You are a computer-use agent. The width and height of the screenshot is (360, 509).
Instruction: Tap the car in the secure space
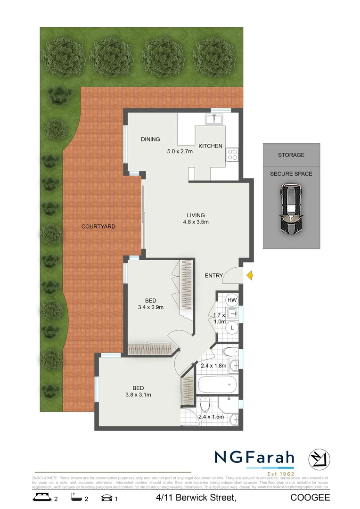tap(292, 209)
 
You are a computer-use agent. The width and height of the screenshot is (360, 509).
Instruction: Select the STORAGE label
tap(291, 155)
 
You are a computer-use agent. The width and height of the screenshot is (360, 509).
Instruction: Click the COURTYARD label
tap(98, 227)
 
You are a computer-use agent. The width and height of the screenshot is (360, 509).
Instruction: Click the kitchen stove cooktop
tap(232, 155)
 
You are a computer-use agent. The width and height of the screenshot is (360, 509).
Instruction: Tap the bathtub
tap(217, 385)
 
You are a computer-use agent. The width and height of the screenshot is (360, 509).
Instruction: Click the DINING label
tap(150, 139)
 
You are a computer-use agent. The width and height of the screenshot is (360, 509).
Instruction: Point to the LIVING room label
tap(196, 215)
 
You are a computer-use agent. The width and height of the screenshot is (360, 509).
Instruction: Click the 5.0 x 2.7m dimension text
tap(181, 152)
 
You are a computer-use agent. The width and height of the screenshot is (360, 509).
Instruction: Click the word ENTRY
tap(213, 276)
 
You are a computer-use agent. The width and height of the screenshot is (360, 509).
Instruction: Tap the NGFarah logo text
tap(254, 457)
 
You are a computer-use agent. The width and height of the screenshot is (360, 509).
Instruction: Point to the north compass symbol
tap(319, 459)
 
